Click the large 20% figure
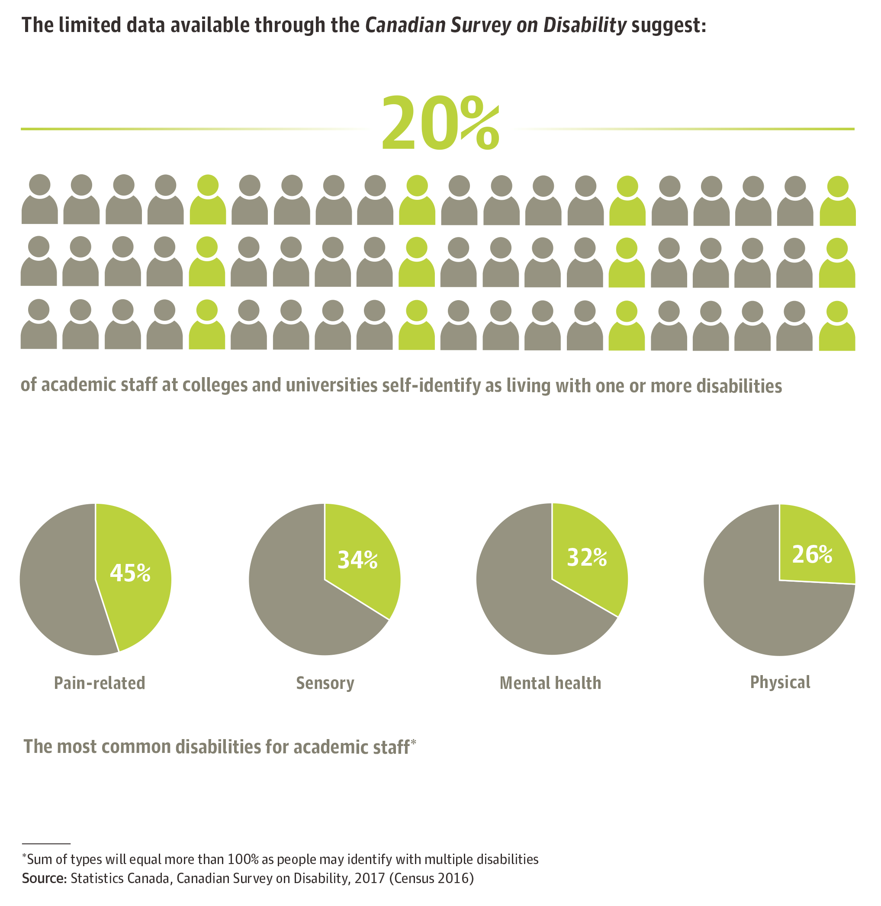coord(440,124)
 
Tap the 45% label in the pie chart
coord(130,573)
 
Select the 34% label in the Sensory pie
coord(357,560)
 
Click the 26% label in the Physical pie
coord(812,554)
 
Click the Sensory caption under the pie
coord(325,683)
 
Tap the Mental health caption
coord(550,683)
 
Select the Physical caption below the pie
coord(780,682)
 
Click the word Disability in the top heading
coord(585,25)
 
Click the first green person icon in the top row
coord(208,200)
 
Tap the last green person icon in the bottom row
coord(836,326)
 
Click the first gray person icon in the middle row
coord(39,261)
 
